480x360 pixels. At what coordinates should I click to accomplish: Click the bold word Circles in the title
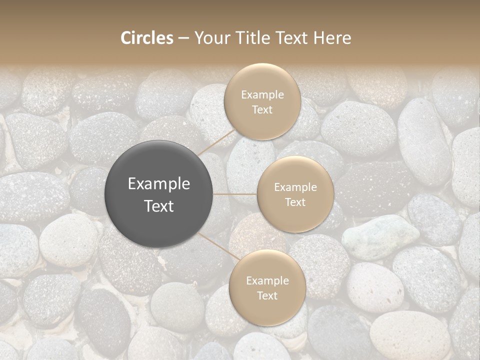click(147, 38)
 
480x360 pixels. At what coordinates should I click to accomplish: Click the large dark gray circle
click(159, 194)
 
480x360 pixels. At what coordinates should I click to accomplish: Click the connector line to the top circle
click(216, 142)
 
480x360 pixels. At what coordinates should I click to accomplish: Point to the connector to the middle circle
click(235, 194)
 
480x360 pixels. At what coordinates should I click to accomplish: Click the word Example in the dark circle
click(159, 184)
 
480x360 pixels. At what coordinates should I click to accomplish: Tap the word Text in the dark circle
click(159, 206)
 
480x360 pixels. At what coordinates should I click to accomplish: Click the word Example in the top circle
click(262, 95)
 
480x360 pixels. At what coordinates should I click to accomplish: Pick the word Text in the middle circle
click(295, 202)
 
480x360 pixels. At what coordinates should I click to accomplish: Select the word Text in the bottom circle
click(267, 295)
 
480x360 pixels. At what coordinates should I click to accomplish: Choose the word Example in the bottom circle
click(267, 280)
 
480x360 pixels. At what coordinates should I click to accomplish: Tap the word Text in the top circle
click(262, 109)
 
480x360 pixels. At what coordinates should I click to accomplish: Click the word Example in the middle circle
click(295, 187)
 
